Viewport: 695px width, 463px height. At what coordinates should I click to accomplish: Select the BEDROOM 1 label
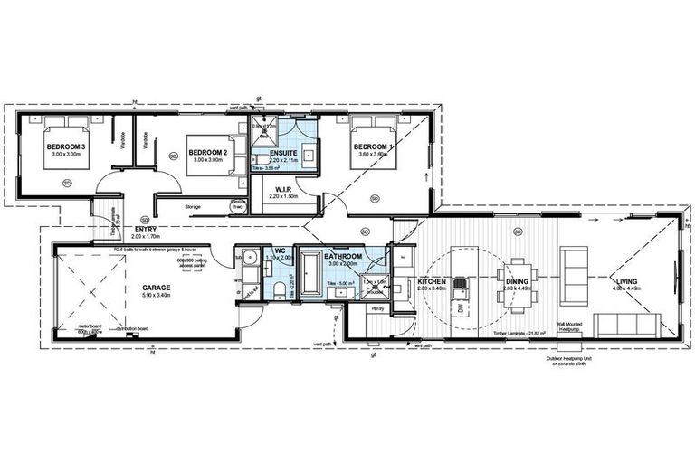373,146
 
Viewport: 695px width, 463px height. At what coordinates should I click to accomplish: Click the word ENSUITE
287,154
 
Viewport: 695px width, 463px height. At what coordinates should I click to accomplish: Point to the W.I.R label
281,189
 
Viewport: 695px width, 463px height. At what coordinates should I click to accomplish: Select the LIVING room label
627,282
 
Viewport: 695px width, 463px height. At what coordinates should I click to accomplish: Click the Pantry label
378,307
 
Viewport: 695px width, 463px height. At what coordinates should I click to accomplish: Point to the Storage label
194,206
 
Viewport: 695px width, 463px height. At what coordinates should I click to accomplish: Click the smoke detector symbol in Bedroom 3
67,183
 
